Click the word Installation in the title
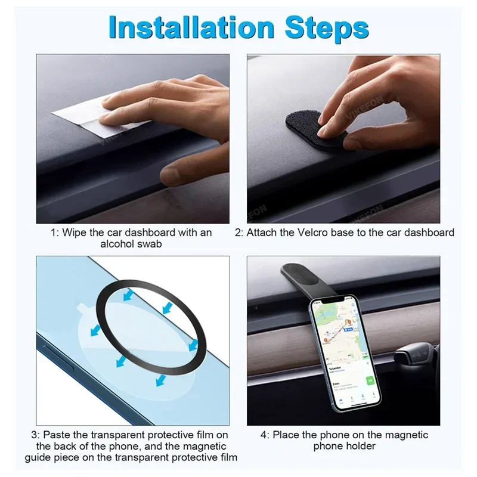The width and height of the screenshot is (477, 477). (191, 28)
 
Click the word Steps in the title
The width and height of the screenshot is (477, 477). (327, 29)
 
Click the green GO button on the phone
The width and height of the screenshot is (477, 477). (370, 380)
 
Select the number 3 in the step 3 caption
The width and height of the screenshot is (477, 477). (34, 435)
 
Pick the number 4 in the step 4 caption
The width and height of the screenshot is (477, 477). (264, 435)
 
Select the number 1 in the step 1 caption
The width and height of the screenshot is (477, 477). (54, 233)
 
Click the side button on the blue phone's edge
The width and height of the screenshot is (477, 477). (58, 358)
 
